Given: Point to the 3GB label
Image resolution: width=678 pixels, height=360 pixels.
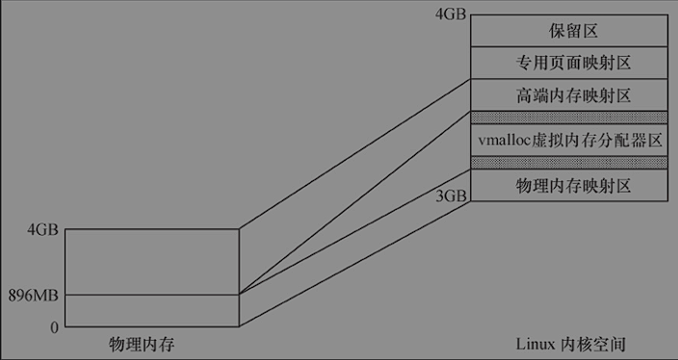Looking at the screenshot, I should (x=451, y=195).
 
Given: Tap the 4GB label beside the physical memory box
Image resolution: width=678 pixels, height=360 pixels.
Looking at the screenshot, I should (x=43, y=230).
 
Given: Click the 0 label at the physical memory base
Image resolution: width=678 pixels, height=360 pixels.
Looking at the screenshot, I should (x=54, y=327).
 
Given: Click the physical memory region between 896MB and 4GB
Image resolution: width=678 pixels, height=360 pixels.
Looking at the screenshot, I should (x=151, y=262).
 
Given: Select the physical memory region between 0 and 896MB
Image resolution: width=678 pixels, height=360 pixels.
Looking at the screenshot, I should (x=151, y=311).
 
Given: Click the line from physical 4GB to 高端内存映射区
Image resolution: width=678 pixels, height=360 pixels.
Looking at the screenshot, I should (x=354, y=154).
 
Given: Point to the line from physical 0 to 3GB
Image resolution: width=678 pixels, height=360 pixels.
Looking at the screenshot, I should (x=354, y=264).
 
